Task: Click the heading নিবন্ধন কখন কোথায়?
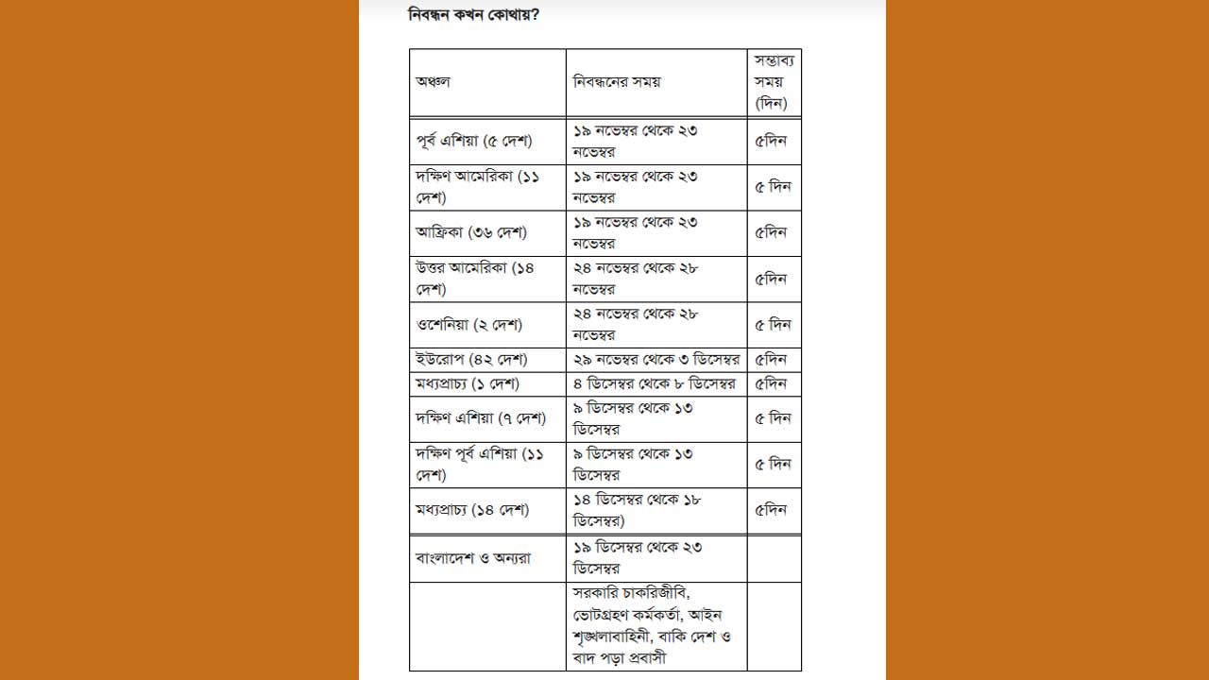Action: click(474, 15)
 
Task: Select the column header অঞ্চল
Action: click(434, 82)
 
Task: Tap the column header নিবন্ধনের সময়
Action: click(617, 82)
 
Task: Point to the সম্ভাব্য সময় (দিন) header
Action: click(774, 82)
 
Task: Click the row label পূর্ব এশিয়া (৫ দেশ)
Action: click(474, 142)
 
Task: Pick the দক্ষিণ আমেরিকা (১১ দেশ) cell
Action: click(478, 187)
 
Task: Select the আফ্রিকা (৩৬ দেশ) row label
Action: click(471, 232)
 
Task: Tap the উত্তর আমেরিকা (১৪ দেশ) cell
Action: click(475, 279)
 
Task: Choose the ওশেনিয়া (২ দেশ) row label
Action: click(469, 325)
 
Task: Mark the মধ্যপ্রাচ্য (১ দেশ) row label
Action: click(468, 384)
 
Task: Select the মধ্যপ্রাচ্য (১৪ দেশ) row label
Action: click(472, 510)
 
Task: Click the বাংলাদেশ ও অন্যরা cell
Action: click(473, 558)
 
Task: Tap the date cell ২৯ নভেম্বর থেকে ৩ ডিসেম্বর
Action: click(656, 360)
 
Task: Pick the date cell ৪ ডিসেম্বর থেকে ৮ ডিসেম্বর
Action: click(655, 384)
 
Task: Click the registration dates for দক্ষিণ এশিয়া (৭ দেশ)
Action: click(633, 418)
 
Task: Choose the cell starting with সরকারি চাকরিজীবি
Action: click(653, 626)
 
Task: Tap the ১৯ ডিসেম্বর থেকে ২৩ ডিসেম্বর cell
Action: click(638, 558)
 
